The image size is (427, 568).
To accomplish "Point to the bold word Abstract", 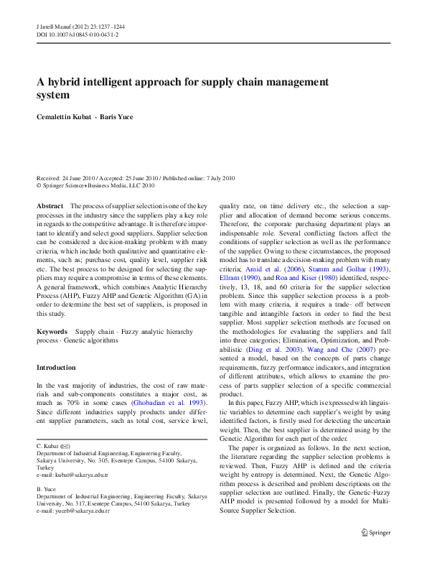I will click(50, 206).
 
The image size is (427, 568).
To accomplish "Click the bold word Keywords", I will click(52, 331).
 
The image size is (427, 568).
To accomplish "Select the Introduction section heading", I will click(56, 367).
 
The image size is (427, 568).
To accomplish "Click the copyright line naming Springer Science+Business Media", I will click(95, 185).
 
